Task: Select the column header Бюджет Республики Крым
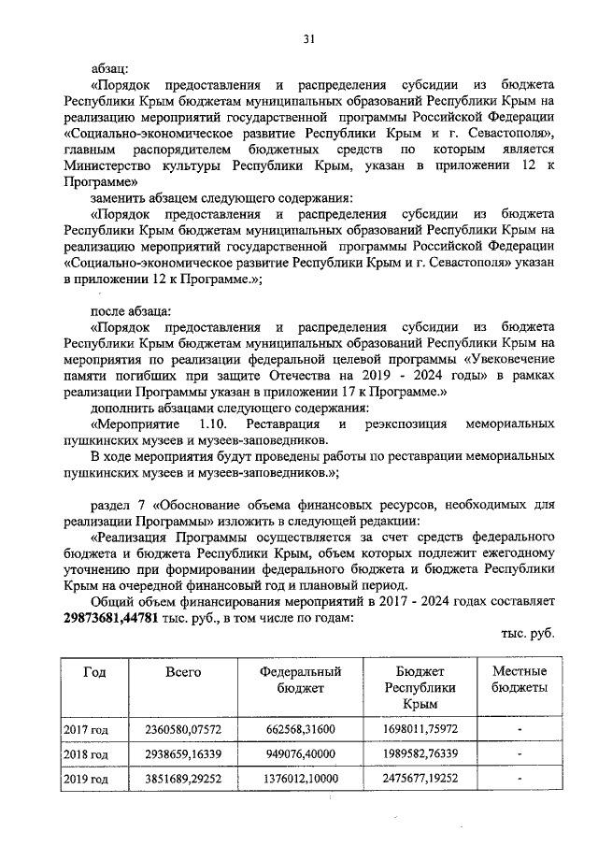[414, 687]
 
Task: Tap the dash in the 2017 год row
[519, 728]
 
